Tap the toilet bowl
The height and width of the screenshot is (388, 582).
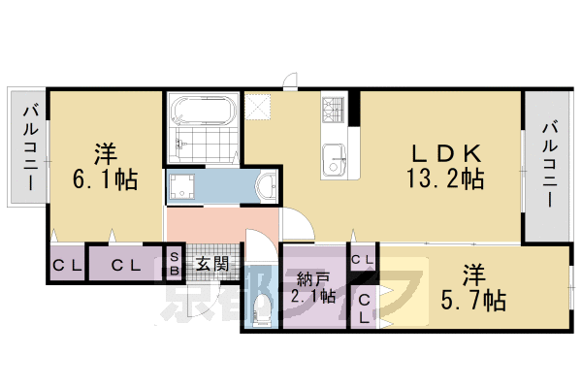261,308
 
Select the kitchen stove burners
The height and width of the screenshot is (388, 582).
332,108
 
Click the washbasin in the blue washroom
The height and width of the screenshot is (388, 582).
264,185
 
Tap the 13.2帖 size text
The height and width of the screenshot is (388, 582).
444,179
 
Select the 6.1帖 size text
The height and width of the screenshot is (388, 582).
103,179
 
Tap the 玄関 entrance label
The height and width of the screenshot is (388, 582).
211,263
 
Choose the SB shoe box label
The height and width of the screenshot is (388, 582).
174,263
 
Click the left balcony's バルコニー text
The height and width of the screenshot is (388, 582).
29,146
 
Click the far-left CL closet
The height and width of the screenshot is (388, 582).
65,264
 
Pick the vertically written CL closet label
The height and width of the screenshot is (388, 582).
364,307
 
